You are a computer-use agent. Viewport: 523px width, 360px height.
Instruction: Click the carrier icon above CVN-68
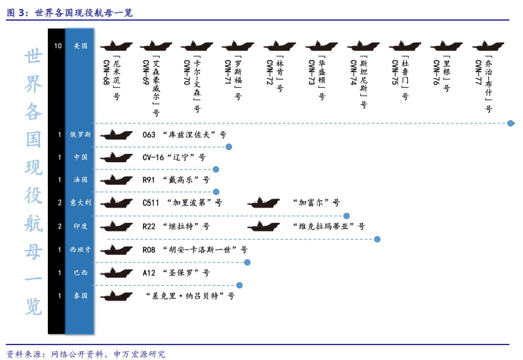(116, 46)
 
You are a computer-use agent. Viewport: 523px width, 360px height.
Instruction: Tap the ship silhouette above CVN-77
(488, 46)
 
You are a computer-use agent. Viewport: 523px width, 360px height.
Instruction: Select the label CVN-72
(270, 72)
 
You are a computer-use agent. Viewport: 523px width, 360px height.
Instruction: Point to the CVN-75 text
(394, 72)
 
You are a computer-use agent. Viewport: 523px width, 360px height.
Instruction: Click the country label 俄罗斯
(80, 134)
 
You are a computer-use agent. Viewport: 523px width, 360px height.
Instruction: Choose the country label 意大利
(80, 202)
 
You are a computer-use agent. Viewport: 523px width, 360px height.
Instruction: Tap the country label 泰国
(80, 295)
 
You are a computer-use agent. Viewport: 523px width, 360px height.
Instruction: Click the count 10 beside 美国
(58, 46)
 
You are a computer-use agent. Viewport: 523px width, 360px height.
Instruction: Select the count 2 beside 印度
(59, 226)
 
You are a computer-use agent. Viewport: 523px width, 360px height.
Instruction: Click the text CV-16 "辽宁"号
(174, 157)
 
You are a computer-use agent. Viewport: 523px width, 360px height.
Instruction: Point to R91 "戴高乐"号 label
(176, 180)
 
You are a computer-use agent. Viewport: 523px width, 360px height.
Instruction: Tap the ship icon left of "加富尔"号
(264, 202)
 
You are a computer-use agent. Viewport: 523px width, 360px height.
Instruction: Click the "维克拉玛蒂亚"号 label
(328, 226)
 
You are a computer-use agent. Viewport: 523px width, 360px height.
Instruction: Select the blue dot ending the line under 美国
(510, 123)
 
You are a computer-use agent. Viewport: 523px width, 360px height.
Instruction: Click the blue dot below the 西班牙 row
(247, 262)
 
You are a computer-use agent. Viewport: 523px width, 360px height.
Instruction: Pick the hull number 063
(149, 134)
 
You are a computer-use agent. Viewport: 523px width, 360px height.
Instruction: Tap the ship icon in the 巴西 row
(116, 273)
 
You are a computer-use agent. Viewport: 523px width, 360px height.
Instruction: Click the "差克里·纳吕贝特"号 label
(190, 295)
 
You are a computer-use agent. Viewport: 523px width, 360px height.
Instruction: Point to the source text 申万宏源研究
(140, 354)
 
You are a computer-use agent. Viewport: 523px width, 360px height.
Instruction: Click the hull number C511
(151, 203)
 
